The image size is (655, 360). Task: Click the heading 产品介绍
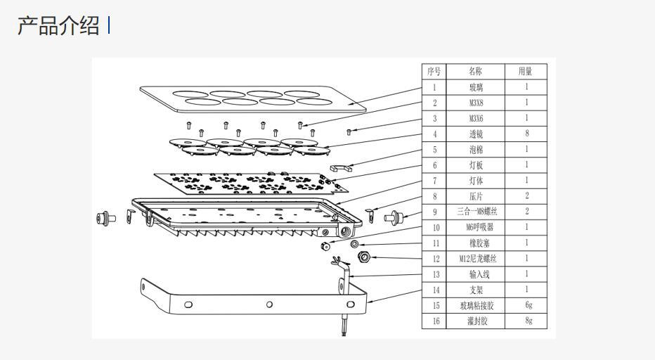[58, 26]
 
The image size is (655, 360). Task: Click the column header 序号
[434, 71]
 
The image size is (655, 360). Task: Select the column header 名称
[475, 71]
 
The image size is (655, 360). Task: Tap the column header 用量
[526, 71]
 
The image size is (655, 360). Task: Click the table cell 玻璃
[475, 87]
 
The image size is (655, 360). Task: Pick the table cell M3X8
[475, 103]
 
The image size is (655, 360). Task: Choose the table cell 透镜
[475, 134]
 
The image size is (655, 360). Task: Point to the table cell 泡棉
[475, 149]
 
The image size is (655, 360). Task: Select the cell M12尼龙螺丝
[476, 258]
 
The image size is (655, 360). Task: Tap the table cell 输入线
[475, 274]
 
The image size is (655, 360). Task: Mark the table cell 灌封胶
[475, 321]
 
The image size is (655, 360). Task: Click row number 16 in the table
[435, 321]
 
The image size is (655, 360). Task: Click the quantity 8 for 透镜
[527, 134]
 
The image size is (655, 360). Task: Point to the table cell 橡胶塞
[475, 243]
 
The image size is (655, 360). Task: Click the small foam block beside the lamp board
[342, 169]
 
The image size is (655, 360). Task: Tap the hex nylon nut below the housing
[363, 257]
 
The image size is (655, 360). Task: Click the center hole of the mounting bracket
[269, 304]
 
